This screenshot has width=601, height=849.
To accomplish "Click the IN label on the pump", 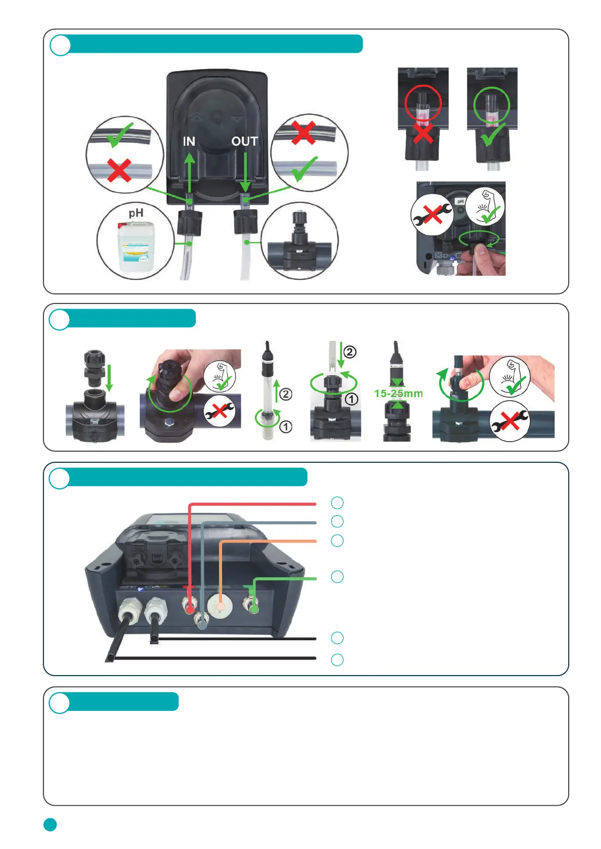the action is (189, 142).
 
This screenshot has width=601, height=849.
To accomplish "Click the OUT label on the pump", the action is (245, 142).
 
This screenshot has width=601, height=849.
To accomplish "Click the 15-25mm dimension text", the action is (398, 393).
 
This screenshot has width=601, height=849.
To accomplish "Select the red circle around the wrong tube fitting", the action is (423, 103).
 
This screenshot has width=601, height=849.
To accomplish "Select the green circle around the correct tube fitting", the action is (491, 104).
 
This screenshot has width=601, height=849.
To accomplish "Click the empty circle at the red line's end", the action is (337, 503).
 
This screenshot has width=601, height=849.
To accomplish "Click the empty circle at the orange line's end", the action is (337, 540).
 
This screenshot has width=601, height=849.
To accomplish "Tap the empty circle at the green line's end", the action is (337, 577).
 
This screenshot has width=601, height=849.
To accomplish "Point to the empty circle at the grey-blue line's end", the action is (337, 521).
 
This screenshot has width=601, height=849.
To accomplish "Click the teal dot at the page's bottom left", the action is (50, 824).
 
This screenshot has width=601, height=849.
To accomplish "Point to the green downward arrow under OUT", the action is (245, 172).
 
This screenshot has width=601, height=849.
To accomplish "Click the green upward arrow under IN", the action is (189, 172).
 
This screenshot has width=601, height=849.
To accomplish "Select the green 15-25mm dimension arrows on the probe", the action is (398, 394).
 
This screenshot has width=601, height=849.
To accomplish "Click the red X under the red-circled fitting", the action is (423, 134).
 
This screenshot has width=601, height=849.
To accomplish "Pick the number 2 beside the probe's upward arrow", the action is (286, 394).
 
